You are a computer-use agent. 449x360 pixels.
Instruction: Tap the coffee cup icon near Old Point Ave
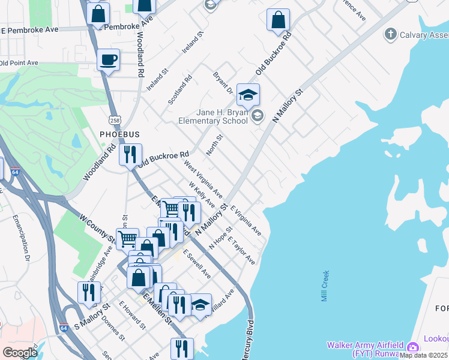[x=109, y=60]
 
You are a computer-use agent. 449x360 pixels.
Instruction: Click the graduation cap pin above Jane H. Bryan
[x=248, y=95]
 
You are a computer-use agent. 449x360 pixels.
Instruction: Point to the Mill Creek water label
[x=325, y=286]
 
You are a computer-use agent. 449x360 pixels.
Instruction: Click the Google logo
[x=20, y=352]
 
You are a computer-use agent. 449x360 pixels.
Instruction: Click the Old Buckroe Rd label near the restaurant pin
[x=163, y=158]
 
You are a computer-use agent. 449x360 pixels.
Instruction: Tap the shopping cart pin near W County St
[x=127, y=239]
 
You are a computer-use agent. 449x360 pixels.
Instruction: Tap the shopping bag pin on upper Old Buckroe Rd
[x=278, y=20]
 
